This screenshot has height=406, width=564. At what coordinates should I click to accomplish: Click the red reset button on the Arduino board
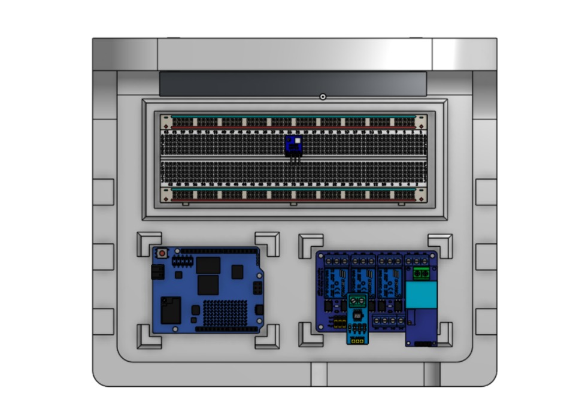(162, 254)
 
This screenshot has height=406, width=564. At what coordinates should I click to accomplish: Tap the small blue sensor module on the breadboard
(293, 144)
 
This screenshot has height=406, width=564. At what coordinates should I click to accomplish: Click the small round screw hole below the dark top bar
(323, 96)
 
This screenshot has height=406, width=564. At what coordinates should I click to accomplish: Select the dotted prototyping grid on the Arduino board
(225, 311)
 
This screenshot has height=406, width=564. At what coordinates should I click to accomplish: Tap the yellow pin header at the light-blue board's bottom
(357, 341)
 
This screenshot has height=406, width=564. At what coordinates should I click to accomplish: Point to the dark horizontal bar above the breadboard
(293, 84)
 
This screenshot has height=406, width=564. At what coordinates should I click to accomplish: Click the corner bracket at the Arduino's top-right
(268, 243)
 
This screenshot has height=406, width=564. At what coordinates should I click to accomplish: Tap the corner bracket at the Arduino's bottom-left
(148, 337)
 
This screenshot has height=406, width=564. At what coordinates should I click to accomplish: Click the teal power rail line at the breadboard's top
(293, 117)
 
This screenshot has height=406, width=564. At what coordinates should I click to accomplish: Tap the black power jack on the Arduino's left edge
(157, 273)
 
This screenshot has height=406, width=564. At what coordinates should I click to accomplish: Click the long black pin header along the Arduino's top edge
(219, 250)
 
